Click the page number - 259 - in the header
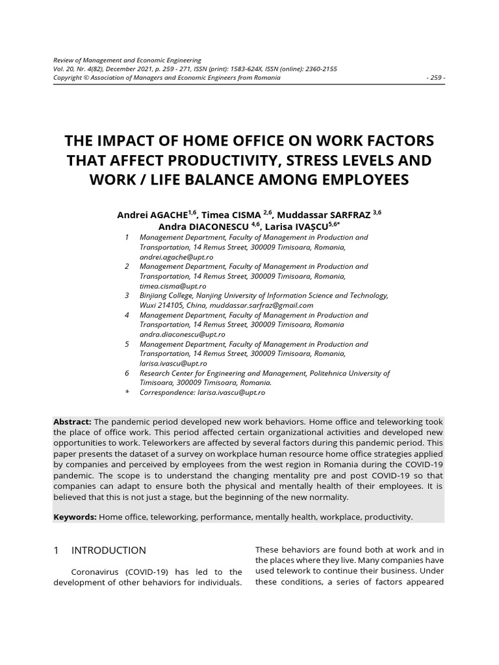435,78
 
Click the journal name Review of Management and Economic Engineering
127,60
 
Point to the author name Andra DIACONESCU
200,226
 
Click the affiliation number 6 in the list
127,373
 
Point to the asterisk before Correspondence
127,393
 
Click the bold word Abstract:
72,421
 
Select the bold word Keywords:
75,517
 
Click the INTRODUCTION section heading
109,550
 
